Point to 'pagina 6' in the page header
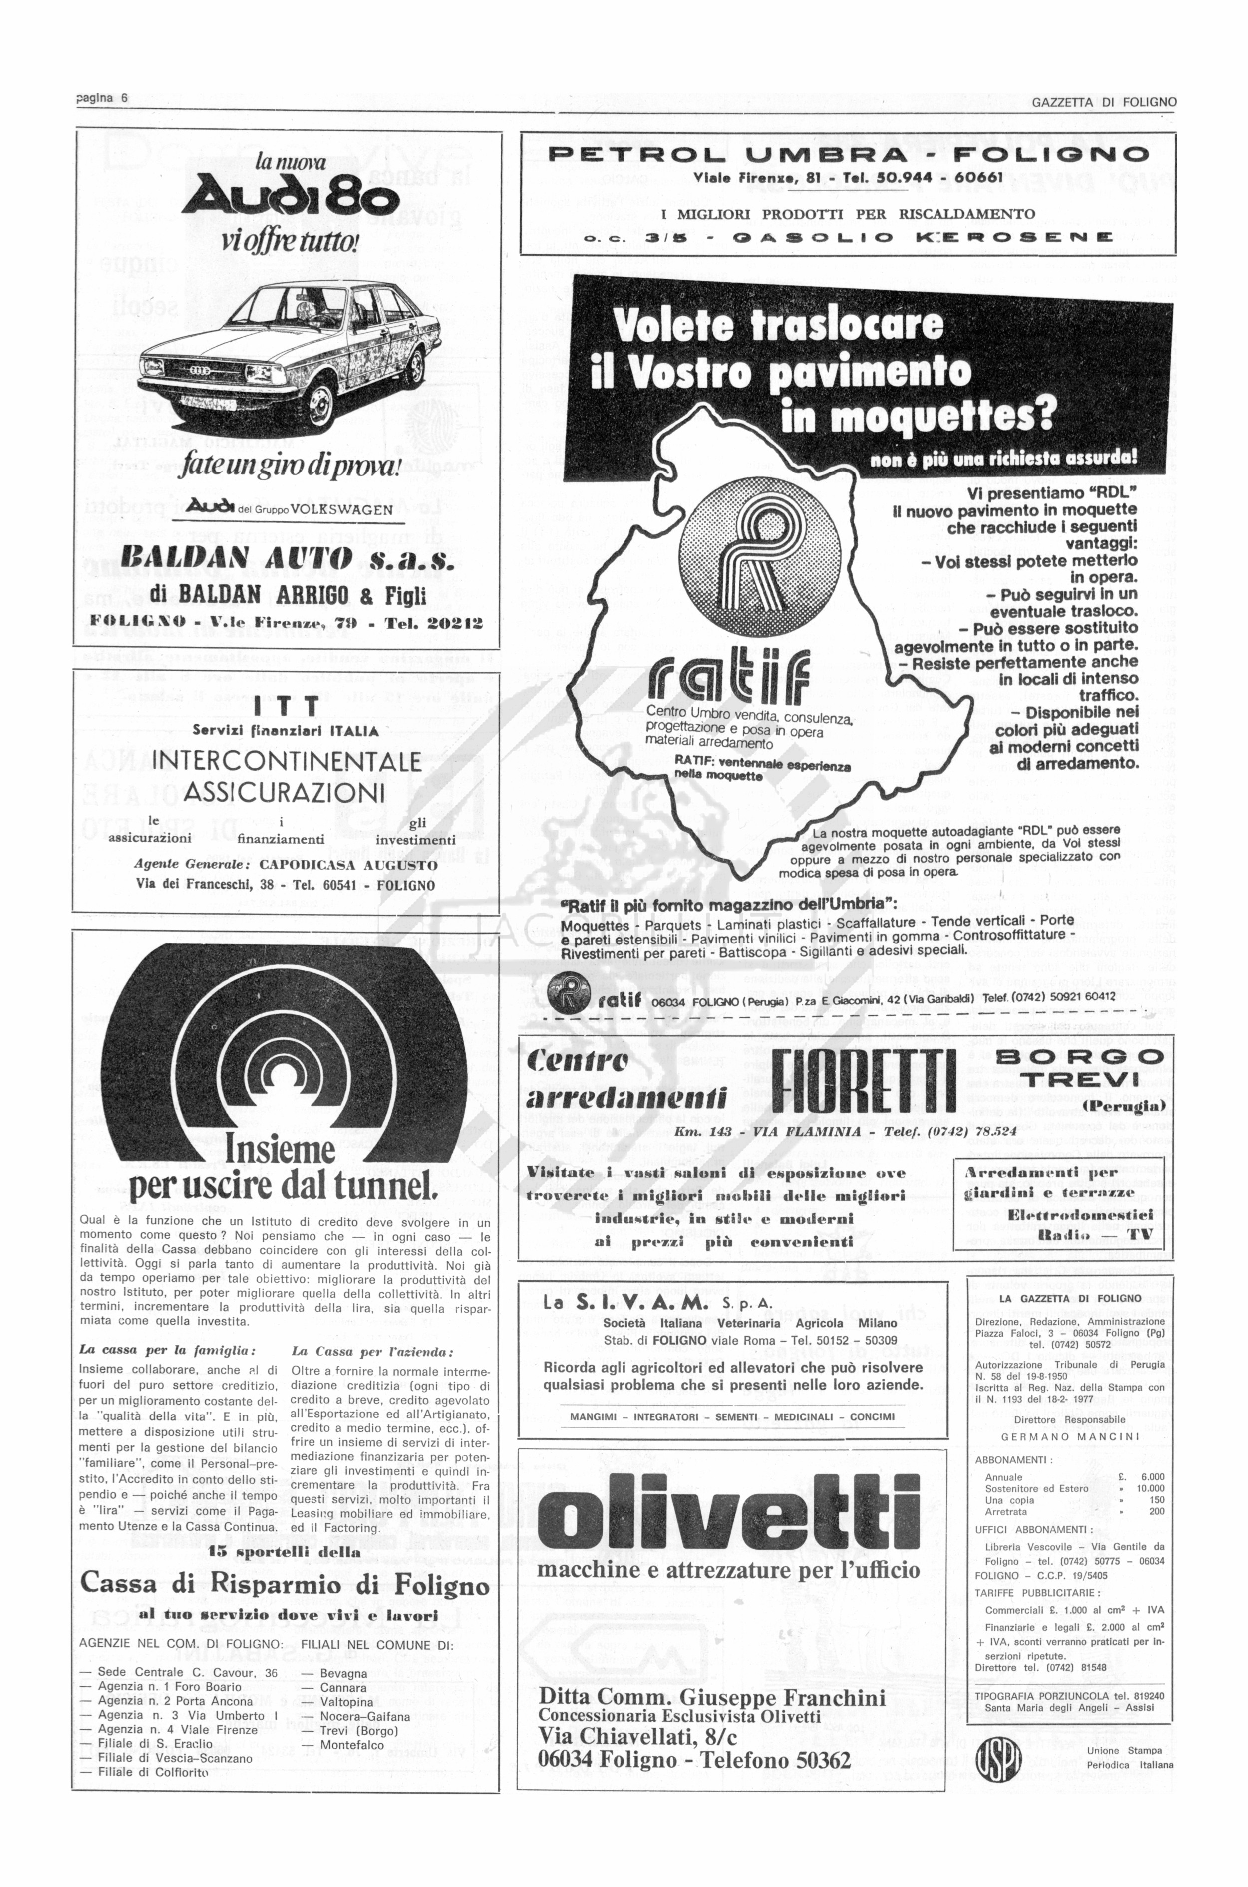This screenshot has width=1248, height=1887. pyautogui.click(x=102, y=98)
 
